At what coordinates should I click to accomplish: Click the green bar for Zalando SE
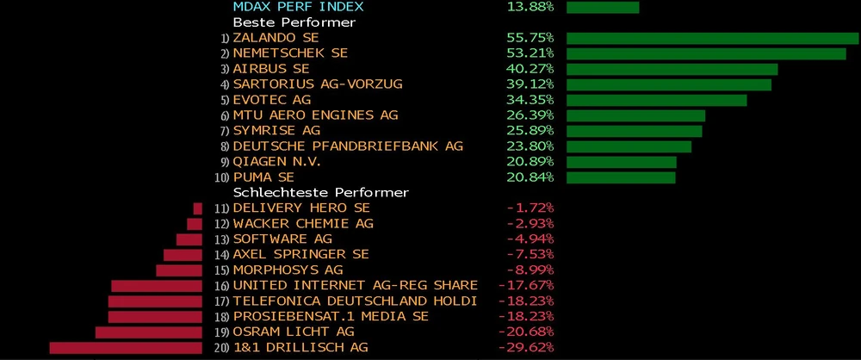[712, 38]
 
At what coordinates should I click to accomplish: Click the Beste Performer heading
[282, 22]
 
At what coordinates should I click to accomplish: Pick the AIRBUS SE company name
[271, 69]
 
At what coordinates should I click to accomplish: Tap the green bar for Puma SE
[621, 177]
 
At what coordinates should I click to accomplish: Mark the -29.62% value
[526, 347]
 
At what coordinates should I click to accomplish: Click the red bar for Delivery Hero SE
[198, 208]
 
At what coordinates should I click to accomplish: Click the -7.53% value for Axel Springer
[530, 254]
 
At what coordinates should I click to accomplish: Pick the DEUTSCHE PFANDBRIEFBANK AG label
[348, 146]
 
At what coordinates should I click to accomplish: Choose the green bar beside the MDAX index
[603, 7]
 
